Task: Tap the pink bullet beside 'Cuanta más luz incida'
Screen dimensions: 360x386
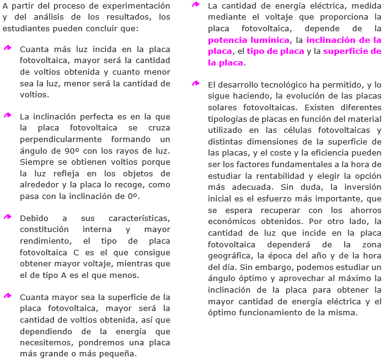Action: (7, 47)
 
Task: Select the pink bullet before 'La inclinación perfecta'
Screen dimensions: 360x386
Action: (7, 114)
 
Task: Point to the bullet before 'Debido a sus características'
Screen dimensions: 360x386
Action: (7, 217)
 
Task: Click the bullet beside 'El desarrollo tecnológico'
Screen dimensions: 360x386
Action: (195, 83)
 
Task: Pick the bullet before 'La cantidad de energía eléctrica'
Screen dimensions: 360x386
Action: (195, 4)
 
